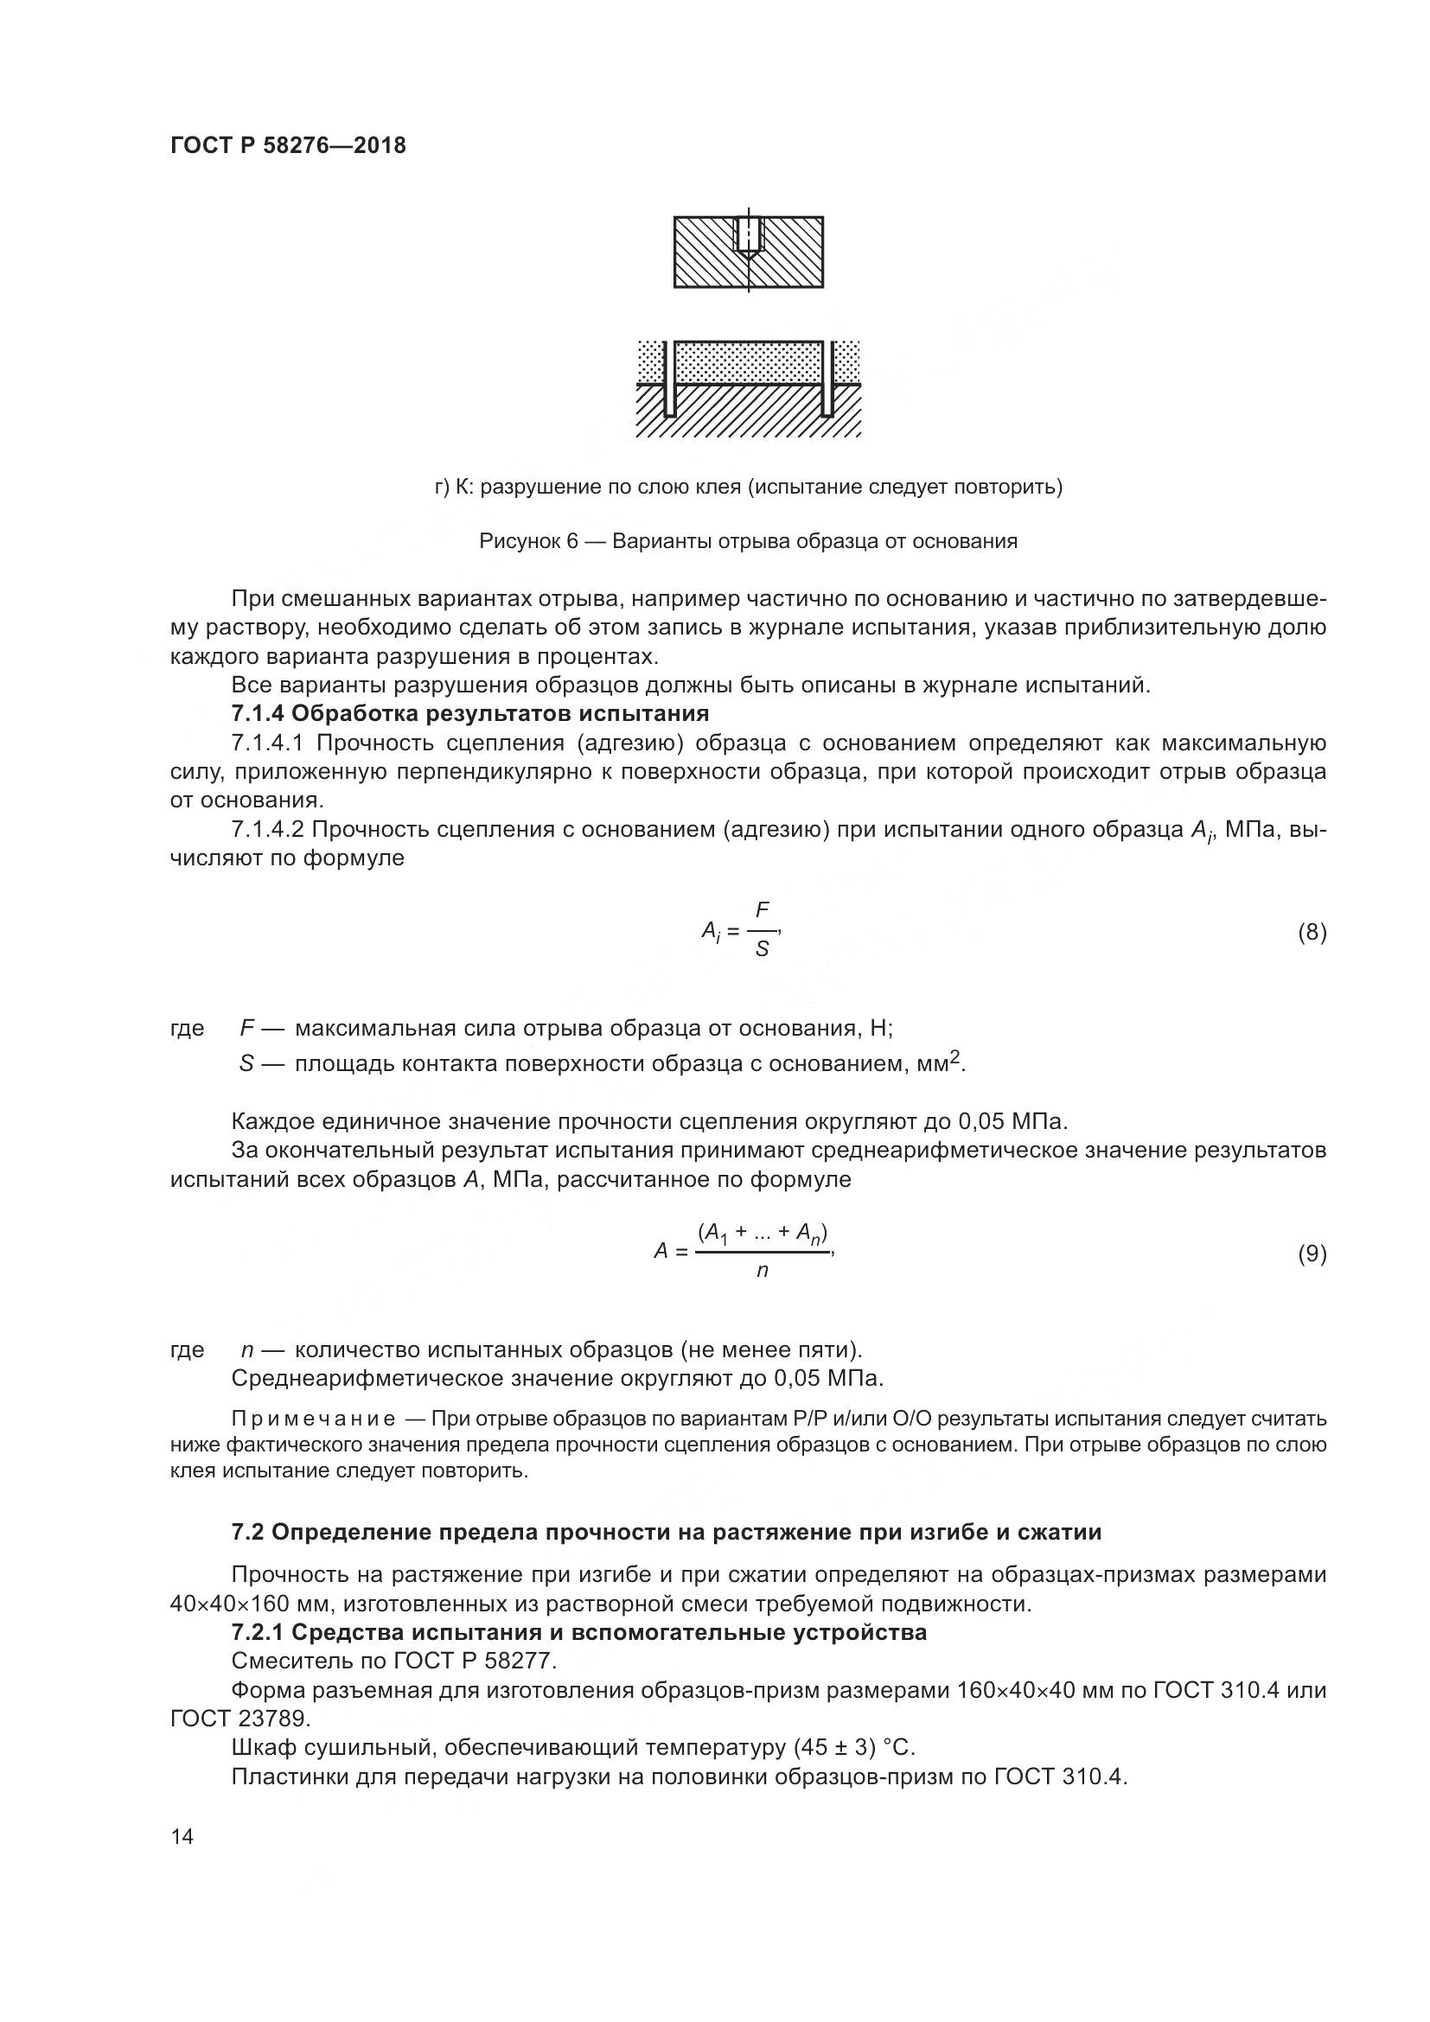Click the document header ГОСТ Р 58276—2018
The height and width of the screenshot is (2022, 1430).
pyautogui.click(x=288, y=145)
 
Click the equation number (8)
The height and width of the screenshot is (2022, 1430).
pyautogui.click(x=1312, y=932)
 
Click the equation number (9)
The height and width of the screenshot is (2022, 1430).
pyautogui.click(x=1312, y=1253)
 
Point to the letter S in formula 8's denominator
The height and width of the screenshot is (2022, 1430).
pyautogui.click(x=763, y=949)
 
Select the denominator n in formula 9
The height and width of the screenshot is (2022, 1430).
pyautogui.click(x=763, y=1271)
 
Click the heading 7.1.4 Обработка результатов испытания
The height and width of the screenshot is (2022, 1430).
pyautogui.click(x=469, y=712)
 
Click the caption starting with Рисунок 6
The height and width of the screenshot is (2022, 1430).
pyautogui.click(x=748, y=540)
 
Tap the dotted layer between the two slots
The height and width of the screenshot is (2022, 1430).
pyautogui.click(x=749, y=362)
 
